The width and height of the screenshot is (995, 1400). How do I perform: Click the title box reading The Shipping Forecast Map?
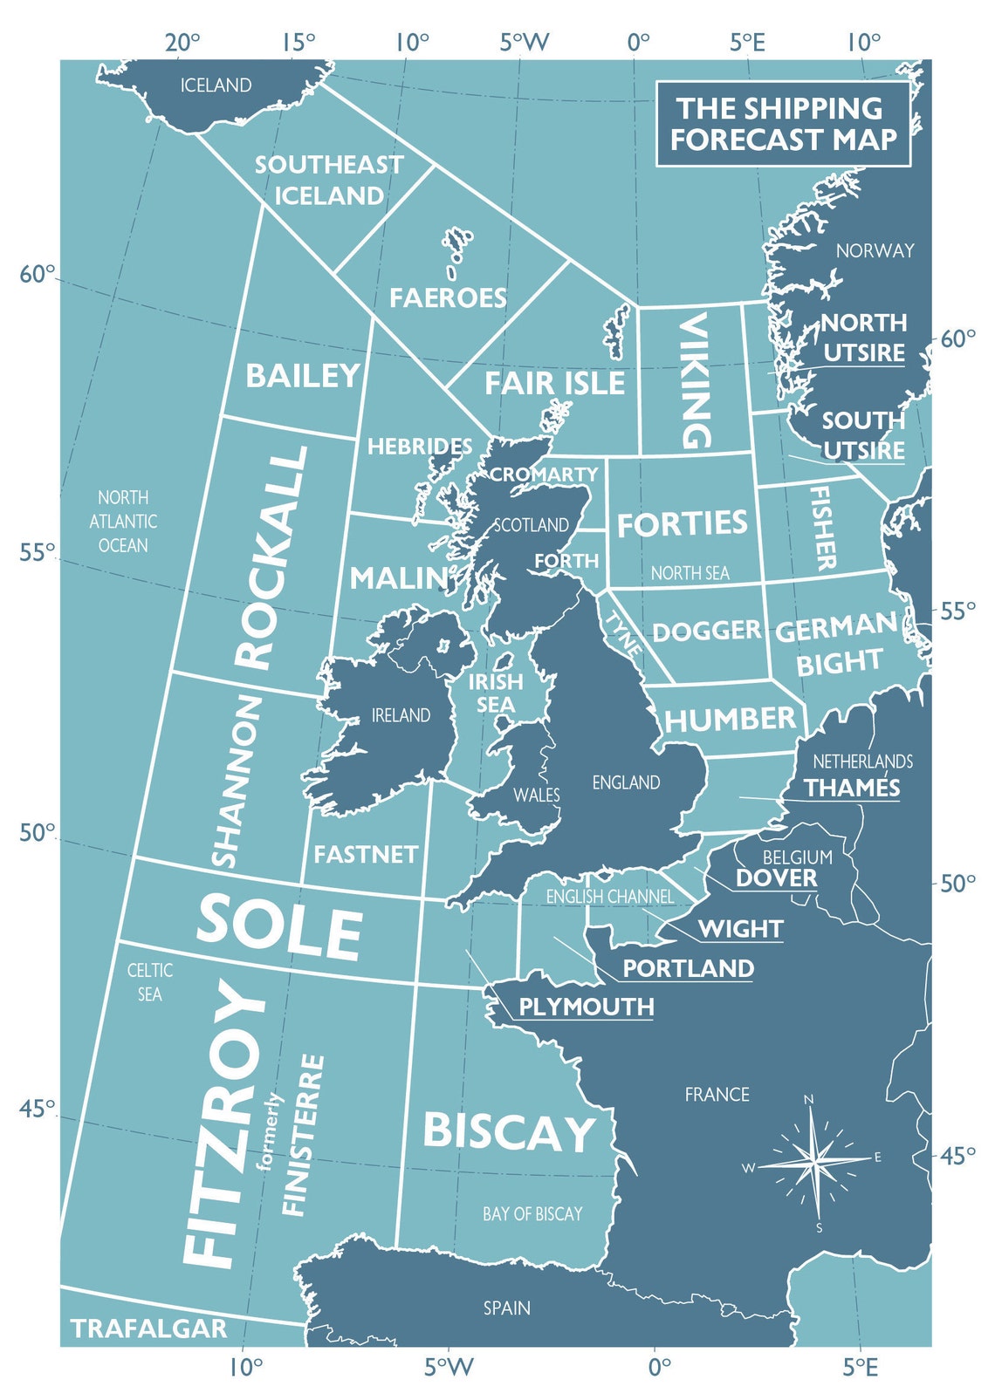pyautogui.click(x=783, y=124)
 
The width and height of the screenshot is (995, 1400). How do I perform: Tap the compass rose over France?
pyautogui.click(x=814, y=1161)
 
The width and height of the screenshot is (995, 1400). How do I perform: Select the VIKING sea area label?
pyautogui.click(x=695, y=381)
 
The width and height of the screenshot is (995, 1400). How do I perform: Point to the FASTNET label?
pyautogui.click(x=366, y=855)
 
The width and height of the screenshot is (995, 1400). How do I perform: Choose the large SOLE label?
pyautogui.click(x=278, y=927)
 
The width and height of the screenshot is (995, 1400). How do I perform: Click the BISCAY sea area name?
pyautogui.click(x=509, y=1132)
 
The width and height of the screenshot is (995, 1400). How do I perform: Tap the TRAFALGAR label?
pyautogui.click(x=148, y=1328)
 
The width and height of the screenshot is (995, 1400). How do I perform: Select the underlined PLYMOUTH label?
pyautogui.click(x=586, y=1007)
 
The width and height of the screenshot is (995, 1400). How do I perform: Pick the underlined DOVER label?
pyautogui.click(x=777, y=878)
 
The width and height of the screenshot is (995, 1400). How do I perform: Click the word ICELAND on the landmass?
pyautogui.click(x=216, y=85)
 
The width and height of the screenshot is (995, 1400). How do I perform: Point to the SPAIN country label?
pyautogui.click(x=507, y=1308)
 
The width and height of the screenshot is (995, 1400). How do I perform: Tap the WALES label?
pyautogui.click(x=537, y=796)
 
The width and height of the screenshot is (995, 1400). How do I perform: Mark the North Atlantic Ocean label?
pyautogui.click(x=123, y=522)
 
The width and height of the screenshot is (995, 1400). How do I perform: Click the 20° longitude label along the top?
pyautogui.click(x=182, y=42)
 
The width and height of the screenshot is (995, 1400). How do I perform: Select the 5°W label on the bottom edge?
pyautogui.click(x=449, y=1367)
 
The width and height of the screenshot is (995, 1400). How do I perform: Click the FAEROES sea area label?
pyautogui.click(x=448, y=298)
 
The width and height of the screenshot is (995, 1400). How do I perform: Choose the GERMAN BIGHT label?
pyautogui.click(x=836, y=645)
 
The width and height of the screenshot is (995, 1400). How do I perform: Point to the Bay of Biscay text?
pyautogui.click(x=532, y=1214)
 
